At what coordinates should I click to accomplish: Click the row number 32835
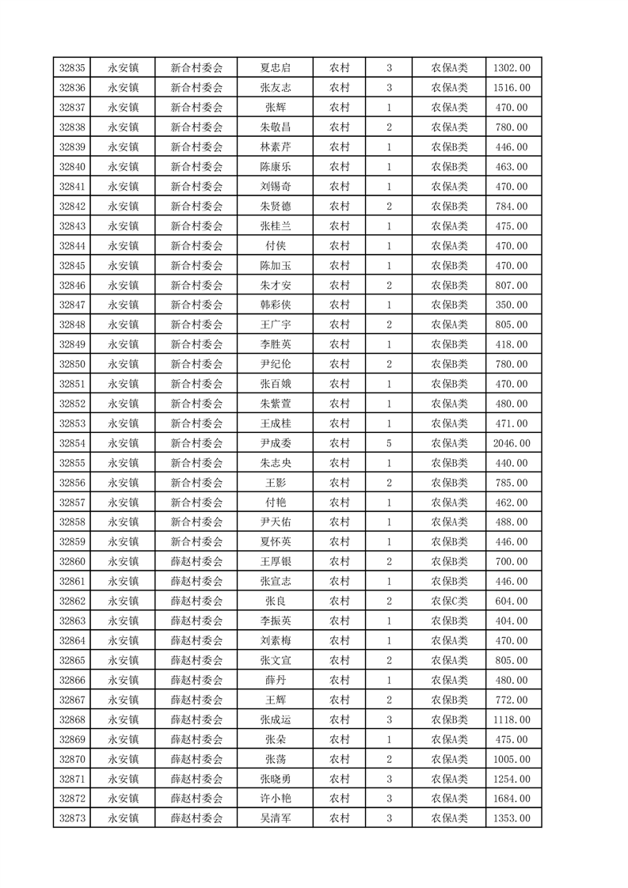point(72,68)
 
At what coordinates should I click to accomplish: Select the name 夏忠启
point(275,68)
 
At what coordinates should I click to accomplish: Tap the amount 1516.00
point(511,88)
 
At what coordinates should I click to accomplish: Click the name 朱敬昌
point(275,127)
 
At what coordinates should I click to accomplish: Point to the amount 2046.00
point(511,443)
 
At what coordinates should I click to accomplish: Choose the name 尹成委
point(275,443)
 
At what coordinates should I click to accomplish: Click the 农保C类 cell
point(449,601)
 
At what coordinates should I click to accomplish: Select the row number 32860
point(72,561)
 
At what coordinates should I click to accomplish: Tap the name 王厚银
point(275,561)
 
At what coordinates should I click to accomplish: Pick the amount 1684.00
point(511,799)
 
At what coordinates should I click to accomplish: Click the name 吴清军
point(275,818)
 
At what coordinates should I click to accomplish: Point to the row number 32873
point(72,818)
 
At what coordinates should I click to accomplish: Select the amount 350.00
point(511,305)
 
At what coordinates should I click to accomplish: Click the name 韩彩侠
point(275,305)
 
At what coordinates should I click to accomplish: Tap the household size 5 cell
point(389,443)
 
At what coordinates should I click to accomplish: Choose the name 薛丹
point(275,680)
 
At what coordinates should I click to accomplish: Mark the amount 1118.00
point(511,719)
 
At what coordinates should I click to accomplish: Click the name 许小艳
point(275,799)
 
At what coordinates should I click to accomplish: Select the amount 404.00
point(511,620)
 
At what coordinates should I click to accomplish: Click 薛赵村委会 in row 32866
point(196,680)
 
